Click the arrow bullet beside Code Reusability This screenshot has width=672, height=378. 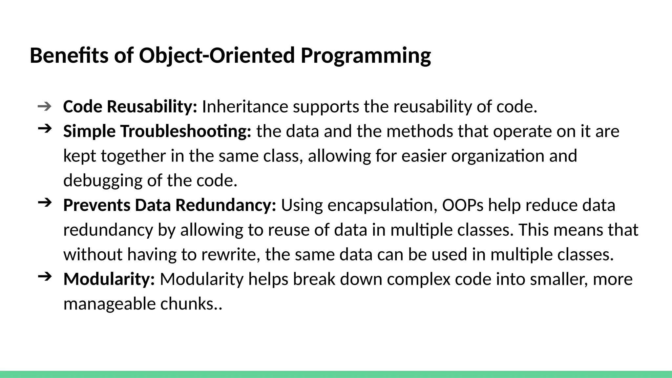[x=45, y=106]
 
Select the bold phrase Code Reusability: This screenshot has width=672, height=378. [x=130, y=107]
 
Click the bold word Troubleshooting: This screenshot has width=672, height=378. [x=185, y=131]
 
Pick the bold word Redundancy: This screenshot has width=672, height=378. [x=226, y=205]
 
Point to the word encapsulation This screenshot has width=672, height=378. [x=382, y=205]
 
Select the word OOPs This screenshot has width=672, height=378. [x=463, y=205]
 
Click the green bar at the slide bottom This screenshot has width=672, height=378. [x=336, y=374]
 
